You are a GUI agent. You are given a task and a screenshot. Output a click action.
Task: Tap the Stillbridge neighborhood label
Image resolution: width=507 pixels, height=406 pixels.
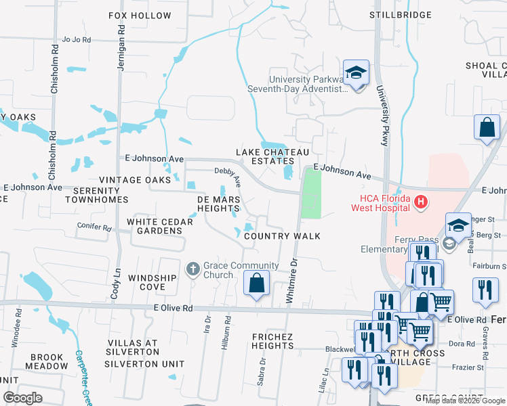tap(401, 15)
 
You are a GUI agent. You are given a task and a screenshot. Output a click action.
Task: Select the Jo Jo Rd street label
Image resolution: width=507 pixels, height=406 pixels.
tap(76, 40)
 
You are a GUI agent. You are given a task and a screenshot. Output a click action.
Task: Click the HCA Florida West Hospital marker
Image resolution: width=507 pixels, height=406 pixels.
tap(421, 201)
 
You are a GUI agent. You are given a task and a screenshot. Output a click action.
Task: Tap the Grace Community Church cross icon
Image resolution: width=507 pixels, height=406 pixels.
tap(192, 268)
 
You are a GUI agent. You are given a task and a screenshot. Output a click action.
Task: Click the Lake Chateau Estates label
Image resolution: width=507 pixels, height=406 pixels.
tap(264, 156)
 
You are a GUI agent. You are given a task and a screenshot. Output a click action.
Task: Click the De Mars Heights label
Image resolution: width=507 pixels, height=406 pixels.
tap(218, 204)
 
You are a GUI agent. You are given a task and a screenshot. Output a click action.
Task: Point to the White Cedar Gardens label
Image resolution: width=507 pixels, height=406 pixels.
tap(155, 226)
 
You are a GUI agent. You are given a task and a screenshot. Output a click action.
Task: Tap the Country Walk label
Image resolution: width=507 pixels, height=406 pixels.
tap(281, 236)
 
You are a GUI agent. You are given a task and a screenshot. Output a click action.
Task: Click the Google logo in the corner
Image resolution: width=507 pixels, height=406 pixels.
tap(22, 398)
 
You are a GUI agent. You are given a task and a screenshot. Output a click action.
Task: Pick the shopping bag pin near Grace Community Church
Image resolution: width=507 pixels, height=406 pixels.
tap(256, 284)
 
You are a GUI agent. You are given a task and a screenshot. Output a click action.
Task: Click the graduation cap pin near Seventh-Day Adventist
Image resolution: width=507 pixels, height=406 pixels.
tap(355, 73)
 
